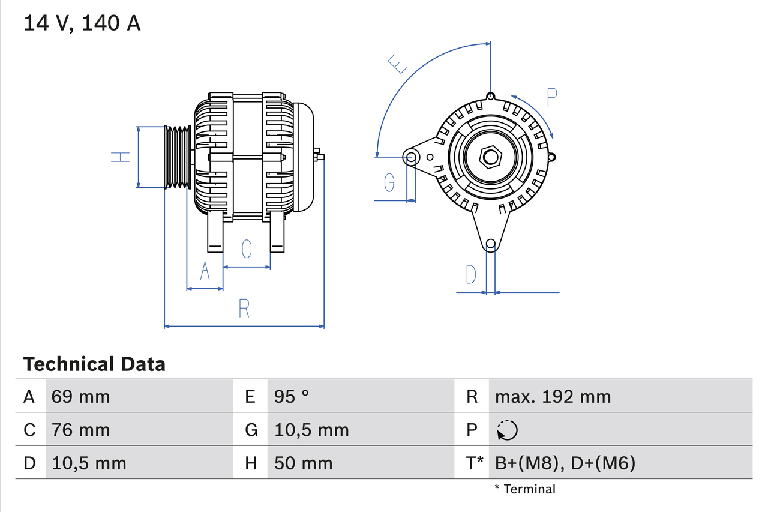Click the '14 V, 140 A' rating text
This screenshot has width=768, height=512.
point(82,23)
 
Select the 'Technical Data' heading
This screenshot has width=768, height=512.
point(94,364)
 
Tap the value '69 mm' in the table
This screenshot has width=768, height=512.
point(80,396)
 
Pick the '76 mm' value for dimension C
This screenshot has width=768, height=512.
point(80,430)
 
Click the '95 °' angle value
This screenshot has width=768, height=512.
point(292,396)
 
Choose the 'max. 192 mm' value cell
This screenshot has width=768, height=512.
point(553,396)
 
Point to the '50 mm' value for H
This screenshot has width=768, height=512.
point(303,463)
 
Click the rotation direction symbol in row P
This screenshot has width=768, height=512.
point(507,430)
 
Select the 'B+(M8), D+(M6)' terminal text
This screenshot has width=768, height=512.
point(565,463)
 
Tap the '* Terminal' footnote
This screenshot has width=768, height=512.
point(525,489)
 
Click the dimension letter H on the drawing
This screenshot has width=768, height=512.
point(121,157)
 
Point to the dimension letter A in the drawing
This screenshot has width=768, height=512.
point(205,271)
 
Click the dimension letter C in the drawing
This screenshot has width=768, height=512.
point(246,248)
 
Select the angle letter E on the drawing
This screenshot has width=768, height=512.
point(397,64)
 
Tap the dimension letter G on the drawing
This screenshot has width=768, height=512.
point(389,182)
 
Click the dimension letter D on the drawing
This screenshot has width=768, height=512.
point(471,274)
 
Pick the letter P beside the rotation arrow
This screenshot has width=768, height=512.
point(552,96)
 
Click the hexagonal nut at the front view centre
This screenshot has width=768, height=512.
point(491,157)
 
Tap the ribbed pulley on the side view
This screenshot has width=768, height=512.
point(178,157)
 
